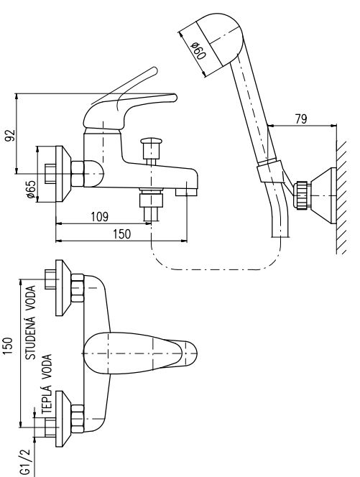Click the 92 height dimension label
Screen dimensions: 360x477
[x=10, y=135]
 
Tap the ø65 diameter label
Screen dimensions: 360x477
[x=31, y=189]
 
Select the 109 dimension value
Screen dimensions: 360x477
[x=99, y=217]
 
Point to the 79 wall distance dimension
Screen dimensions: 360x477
[x=301, y=119]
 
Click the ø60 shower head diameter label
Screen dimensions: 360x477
[x=198, y=51]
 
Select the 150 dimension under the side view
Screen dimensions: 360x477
[x=121, y=234]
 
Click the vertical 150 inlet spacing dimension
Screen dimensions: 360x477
[x=8, y=346]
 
